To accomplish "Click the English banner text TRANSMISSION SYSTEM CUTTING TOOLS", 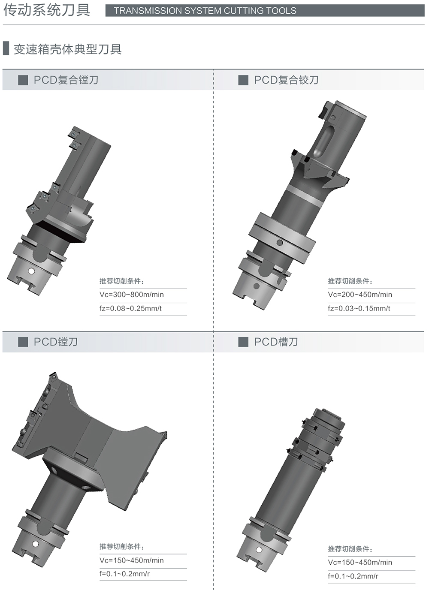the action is [205, 11].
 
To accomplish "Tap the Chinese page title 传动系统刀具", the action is [47, 10].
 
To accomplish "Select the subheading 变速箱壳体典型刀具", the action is [67, 49].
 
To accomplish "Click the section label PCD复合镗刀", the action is [66, 80].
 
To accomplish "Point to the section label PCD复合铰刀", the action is [286, 80].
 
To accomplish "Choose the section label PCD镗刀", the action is [56, 342].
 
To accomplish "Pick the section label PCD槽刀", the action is [276, 342].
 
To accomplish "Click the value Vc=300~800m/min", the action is [132, 295].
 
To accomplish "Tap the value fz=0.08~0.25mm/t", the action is [130, 308].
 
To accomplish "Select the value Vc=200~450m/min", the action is [360, 295].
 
